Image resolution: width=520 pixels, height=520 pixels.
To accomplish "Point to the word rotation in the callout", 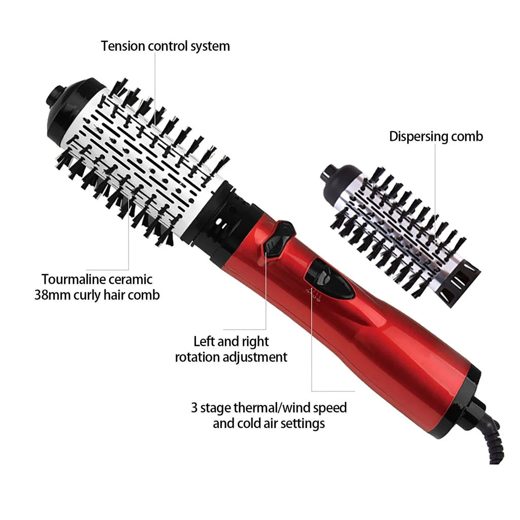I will (199, 357).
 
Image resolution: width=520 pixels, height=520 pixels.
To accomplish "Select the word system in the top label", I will (209, 46).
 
